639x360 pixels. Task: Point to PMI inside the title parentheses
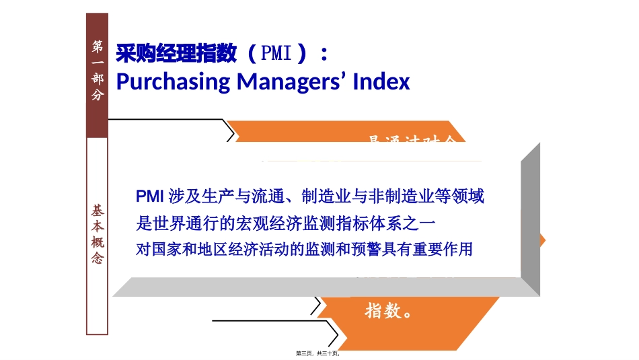click(x=276, y=53)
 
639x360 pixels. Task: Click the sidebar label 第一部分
click(x=98, y=70)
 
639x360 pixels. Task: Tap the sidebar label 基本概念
click(x=98, y=234)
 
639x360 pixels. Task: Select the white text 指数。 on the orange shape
click(x=388, y=311)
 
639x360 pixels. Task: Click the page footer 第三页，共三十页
click(x=319, y=353)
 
